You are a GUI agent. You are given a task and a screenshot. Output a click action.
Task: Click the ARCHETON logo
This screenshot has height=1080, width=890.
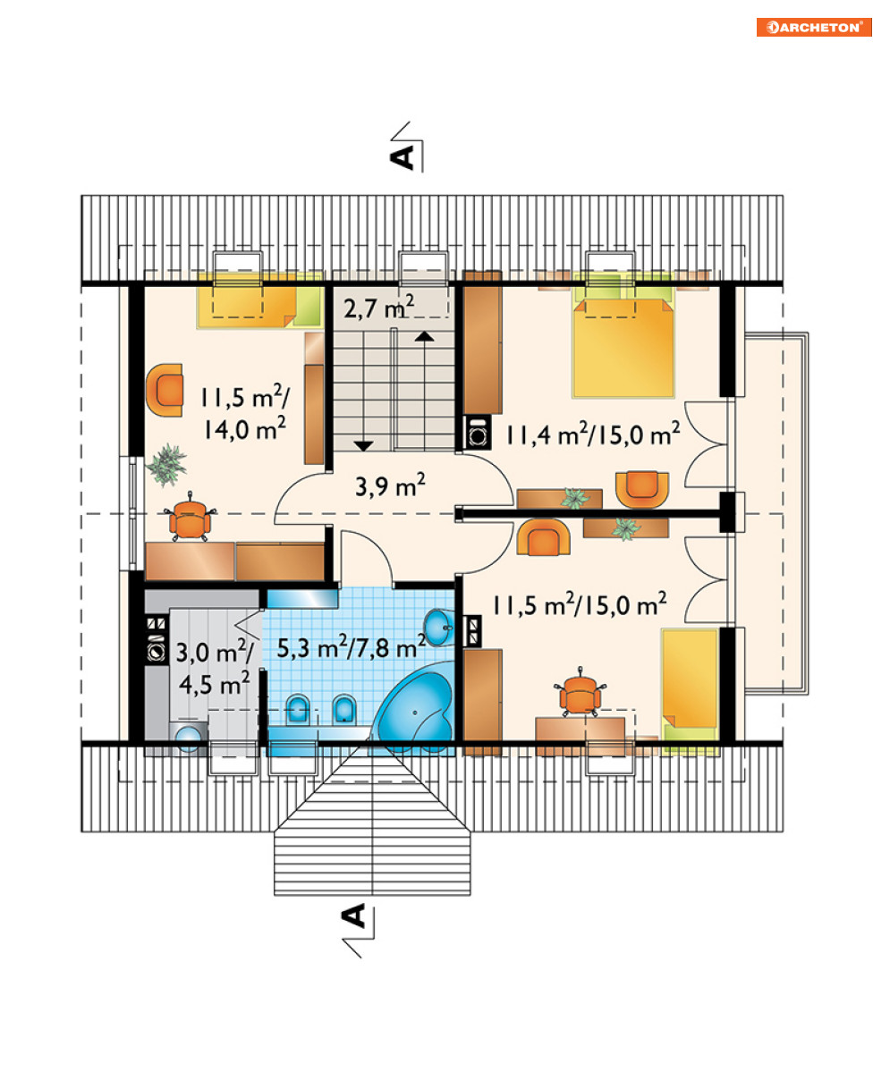tap(813, 27)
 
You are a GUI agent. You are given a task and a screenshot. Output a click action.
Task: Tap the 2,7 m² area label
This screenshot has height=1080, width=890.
tap(378, 308)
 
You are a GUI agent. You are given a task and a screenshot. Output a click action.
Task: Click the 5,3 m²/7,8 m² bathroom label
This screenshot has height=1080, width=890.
tap(352, 646)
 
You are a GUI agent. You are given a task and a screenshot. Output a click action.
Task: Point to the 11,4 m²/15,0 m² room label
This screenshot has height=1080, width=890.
tap(592, 434)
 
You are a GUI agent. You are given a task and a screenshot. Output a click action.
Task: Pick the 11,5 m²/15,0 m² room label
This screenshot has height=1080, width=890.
tap(579, 604)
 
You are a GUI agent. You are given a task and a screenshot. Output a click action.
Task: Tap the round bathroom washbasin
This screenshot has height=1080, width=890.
tap(439, 628)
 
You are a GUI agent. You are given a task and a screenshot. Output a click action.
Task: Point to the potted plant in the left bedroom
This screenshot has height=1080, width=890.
tap(166, 465)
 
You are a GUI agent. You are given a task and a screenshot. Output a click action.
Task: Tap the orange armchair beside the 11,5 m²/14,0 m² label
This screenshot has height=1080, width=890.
tap(165, 390)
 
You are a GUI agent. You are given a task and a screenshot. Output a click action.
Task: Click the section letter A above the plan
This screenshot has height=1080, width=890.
tap(402, 157)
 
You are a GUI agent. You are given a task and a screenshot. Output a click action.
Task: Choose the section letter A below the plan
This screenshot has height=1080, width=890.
tap(354, 916)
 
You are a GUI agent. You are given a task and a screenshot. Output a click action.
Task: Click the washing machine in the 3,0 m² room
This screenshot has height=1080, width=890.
tap(189, 737)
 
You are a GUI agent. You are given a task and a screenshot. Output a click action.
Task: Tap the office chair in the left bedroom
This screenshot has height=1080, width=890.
tap(191, 516)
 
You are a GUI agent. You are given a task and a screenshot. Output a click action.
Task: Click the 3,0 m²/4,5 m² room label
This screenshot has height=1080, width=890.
tap(214, 668)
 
